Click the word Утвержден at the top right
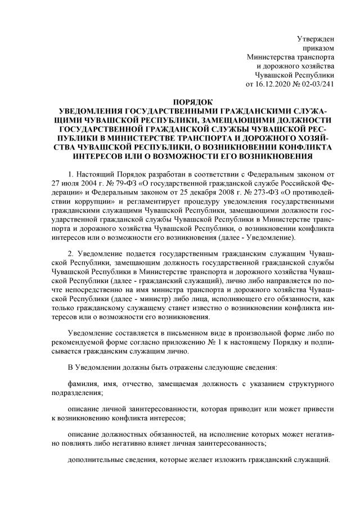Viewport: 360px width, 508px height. tap(316, 39)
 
